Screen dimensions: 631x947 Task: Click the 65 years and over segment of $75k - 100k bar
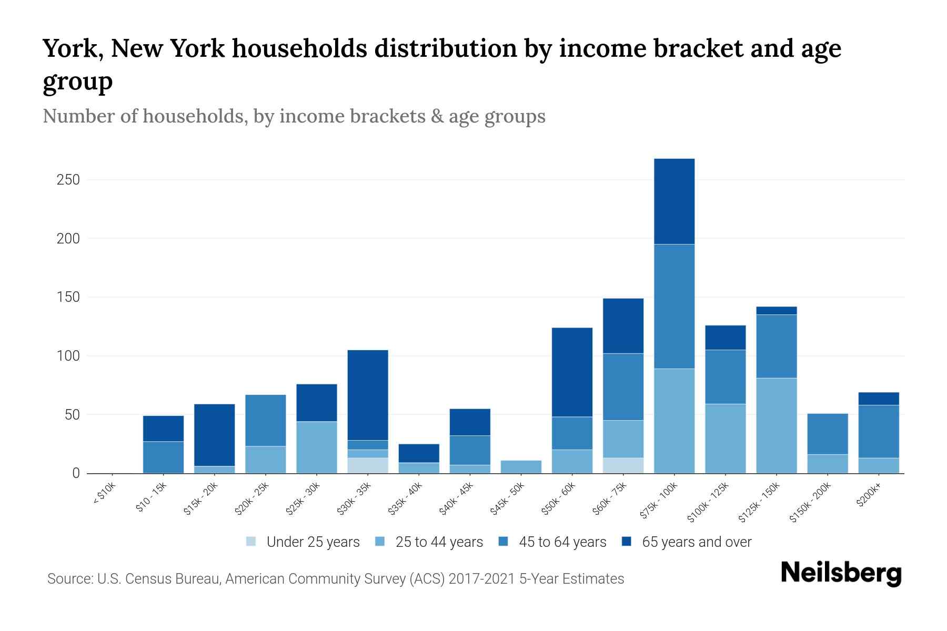point(674,201)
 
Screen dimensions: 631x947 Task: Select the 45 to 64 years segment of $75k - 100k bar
point(674,306)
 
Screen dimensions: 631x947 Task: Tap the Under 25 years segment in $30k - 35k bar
point(368,465)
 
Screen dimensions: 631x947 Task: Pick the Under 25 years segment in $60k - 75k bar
point(623,465)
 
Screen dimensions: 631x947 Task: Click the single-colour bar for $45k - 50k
point(521,467)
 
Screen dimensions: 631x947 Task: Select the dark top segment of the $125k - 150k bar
point(776,311)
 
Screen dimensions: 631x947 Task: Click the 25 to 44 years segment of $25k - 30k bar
point(317,447)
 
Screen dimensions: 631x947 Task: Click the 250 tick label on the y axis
point(68,180)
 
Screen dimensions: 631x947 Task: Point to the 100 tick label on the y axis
point(68,356)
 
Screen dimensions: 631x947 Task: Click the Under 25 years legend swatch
point(251,542)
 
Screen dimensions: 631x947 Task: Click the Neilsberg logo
point(841,573)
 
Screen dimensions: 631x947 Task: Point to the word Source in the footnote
point(69,579)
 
